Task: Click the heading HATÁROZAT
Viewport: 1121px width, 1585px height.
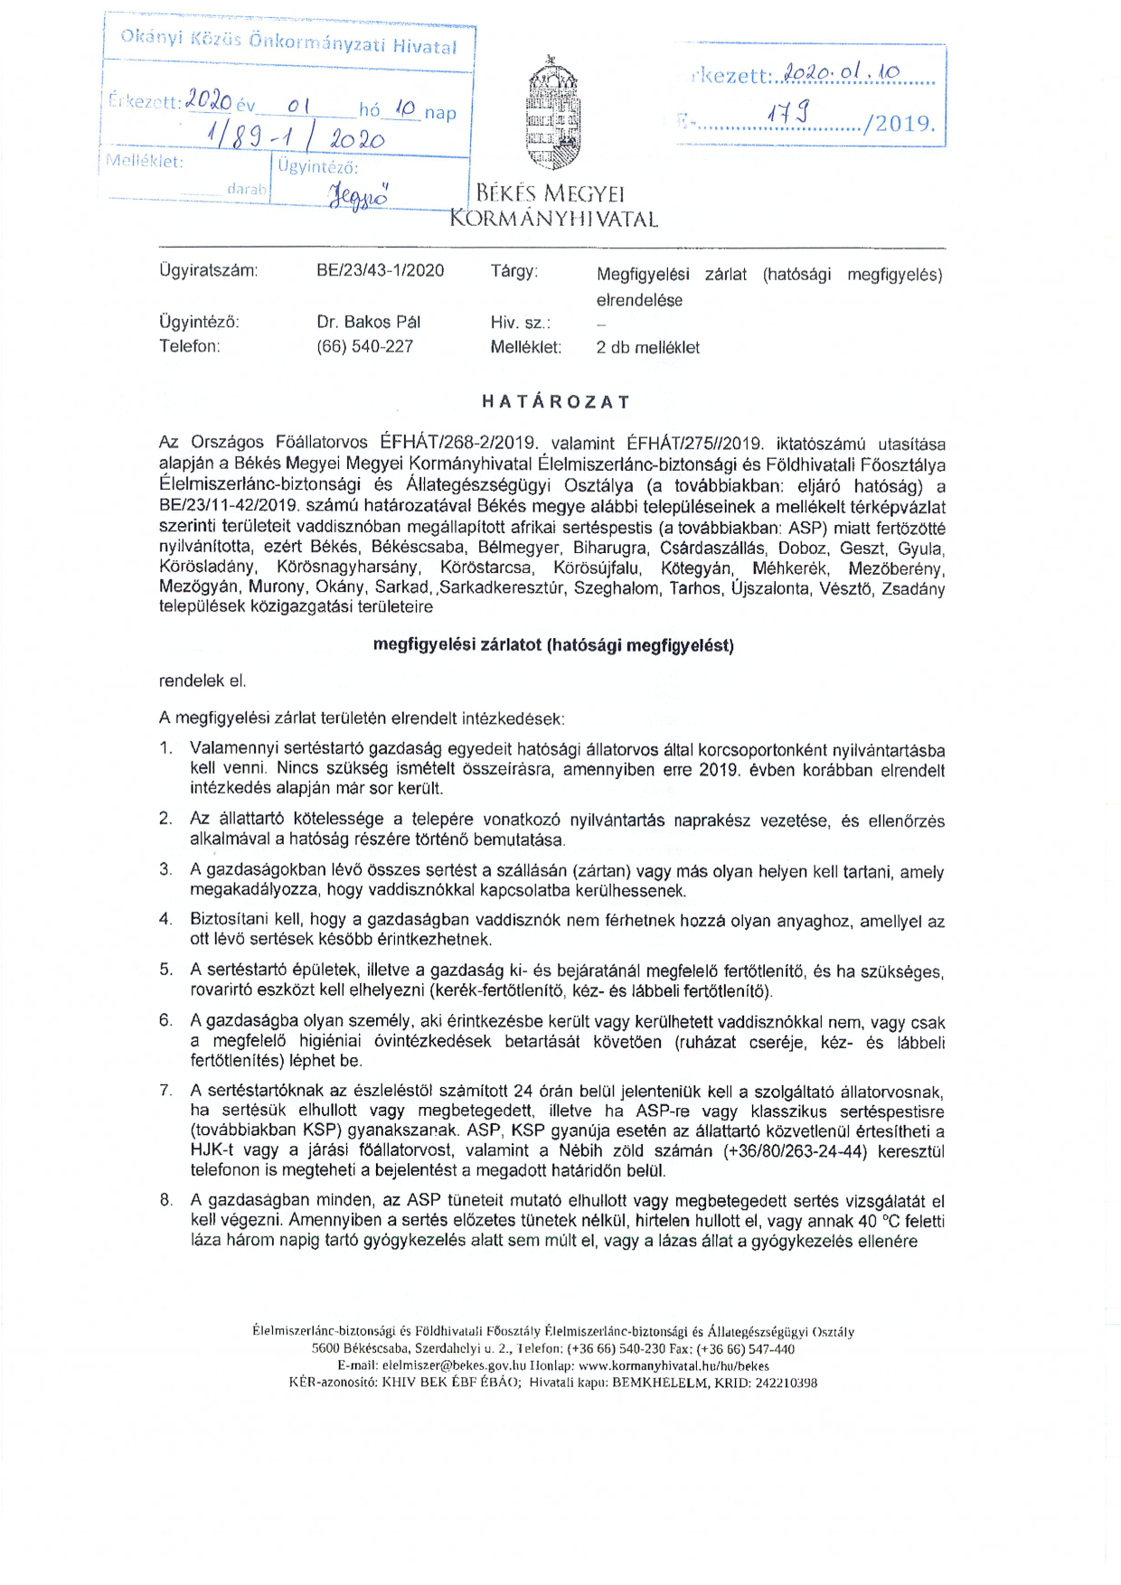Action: (556, 402)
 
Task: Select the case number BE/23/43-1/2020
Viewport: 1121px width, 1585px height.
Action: (380, 270)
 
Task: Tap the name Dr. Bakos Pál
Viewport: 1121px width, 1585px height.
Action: (368, 322)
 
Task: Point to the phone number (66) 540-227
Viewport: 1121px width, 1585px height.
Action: (364, 346)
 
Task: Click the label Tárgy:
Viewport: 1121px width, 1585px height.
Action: (513, 271)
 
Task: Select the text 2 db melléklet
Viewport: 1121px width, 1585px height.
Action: (647, 347)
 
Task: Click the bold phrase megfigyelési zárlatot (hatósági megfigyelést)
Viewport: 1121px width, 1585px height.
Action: (553, 645)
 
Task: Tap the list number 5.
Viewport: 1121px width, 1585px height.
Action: (165, 970)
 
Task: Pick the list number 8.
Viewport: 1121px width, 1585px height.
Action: (165, 1200)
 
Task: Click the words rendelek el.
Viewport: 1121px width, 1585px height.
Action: (202, 680)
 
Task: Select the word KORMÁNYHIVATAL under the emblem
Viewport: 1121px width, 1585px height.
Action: (553, 219)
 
